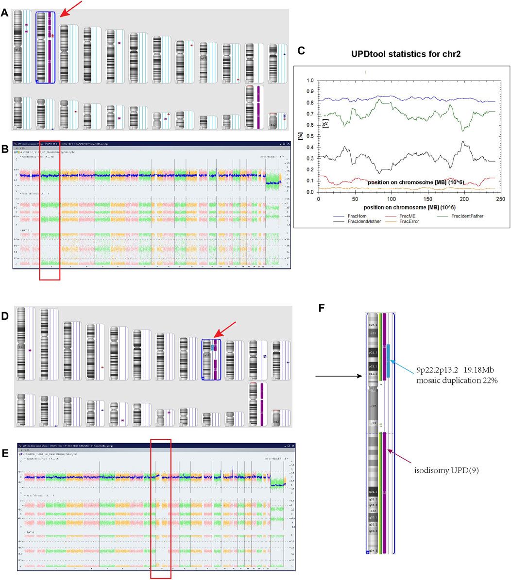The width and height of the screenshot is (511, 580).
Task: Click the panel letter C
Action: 301,50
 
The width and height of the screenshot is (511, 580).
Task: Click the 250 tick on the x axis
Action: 500,199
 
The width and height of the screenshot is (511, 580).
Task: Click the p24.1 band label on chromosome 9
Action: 373,325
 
